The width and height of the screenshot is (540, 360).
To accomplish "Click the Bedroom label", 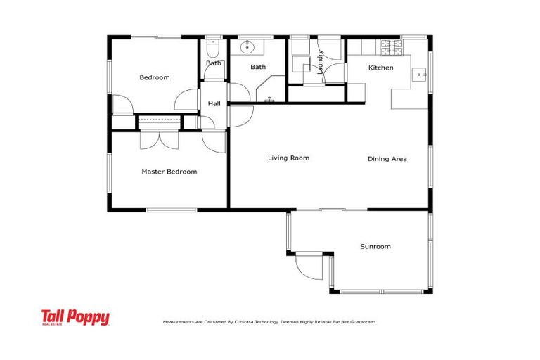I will (x=154, y=77).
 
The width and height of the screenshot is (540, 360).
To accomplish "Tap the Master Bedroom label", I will (x=169, y=172).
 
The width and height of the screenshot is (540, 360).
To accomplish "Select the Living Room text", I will (x=288, y=158).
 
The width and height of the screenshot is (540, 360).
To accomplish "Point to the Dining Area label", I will (x=387, y=159).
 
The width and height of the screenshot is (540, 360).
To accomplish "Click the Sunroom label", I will (x=375, y=247).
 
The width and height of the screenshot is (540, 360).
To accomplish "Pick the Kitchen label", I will (x=380, y=67).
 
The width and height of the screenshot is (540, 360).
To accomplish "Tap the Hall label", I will (x=214, y=104).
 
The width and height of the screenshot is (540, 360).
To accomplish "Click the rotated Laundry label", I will (x=320, y=62).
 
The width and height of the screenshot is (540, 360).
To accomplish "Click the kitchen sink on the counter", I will (x=420, y=73).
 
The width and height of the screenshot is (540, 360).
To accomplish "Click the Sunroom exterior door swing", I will (x=308, y=266).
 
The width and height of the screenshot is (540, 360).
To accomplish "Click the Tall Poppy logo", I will (x=75, y=318).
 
